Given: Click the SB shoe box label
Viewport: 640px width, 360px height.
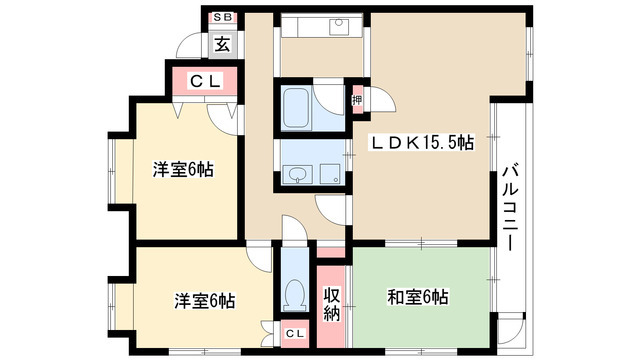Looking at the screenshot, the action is click(x=222, y=18).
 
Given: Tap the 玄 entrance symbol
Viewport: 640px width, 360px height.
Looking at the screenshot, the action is click(x=222, y=44).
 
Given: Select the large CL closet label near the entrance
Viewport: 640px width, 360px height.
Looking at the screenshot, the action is click(x=206, y=81).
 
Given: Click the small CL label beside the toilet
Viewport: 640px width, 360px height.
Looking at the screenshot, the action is click(x=295, y=333).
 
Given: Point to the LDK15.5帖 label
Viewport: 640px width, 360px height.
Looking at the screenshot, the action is click(x=422, y=143).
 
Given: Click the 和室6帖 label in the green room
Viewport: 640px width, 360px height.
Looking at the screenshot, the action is click(x=418, y=297).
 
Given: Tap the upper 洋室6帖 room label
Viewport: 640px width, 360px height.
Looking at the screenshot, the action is click(x=183, y=169).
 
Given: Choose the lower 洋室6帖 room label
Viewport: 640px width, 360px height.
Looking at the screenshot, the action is click(x=205, y=300).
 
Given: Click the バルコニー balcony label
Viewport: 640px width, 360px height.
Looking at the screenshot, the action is click(x=510, y=207).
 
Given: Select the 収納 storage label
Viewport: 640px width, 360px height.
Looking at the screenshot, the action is click(x=332, y=303).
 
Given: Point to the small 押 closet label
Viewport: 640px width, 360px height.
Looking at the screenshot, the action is click(x=357, y=100).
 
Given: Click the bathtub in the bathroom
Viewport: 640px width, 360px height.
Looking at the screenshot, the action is click(x=296, y=108).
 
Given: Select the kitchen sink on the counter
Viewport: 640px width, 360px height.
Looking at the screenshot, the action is click(x=339, y=27).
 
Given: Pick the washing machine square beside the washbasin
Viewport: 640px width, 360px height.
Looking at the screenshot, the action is click(x=330, y=175).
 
